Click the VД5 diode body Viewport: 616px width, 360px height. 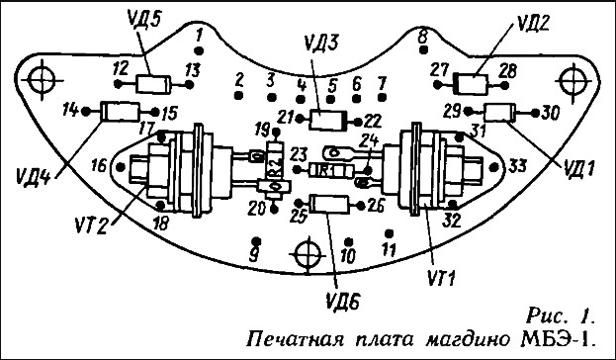pos(153,84)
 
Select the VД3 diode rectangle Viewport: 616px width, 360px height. pos(328,120)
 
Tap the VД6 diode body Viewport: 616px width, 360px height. pos(329,205)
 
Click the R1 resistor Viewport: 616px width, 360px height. pos(331,170)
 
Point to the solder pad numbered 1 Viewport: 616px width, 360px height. pos(199,50)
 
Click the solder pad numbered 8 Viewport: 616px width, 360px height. pos(423,49)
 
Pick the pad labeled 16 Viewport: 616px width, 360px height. pos(121,167)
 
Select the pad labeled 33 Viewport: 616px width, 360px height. pos(494,167)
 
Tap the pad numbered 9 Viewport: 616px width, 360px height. pos(256,240)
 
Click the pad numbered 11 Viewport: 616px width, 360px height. pos(389,233)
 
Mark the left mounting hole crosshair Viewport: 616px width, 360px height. pos(43,80)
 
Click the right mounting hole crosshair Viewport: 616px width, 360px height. pos(572,81)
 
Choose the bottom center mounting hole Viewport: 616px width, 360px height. pos(308,254)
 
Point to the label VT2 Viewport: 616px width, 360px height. pos(91,225)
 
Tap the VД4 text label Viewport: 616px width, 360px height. pos(34,176)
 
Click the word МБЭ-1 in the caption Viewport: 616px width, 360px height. pos(557,339)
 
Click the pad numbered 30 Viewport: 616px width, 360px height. pos(535,113)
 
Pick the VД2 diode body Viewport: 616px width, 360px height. pos(471,84)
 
